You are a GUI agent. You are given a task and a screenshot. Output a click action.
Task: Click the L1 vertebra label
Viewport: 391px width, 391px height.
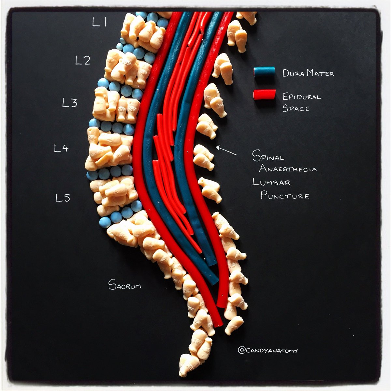point(99,22)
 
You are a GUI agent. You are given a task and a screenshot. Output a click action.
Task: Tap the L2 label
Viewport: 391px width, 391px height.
point(83,60)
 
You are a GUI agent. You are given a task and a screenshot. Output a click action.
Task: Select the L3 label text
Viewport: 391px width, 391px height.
point(70,103)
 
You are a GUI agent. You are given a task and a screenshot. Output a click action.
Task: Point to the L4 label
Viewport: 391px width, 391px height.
point(61,149)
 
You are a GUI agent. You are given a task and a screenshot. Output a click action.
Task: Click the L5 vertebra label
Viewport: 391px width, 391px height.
point(63,197)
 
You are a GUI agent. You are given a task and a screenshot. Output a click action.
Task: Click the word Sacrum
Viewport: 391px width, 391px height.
point(125,285)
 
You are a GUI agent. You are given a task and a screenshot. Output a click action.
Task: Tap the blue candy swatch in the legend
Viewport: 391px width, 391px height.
point(264,72)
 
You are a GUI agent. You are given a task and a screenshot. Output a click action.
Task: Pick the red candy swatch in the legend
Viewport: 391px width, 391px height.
point(264,94)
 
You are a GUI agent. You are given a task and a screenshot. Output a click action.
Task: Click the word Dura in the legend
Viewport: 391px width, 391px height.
point(293,73)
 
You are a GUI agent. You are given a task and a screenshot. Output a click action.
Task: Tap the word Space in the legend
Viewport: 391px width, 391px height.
point(296,109)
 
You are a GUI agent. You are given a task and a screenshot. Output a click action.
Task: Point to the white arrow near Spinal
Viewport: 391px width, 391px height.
point(226,150)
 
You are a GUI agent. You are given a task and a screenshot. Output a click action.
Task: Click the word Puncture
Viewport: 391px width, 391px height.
point(285,195)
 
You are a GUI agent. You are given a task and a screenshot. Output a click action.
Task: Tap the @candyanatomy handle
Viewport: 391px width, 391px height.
point(268,351)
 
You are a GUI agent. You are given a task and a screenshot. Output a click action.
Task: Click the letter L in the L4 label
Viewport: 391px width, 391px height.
point(57,149)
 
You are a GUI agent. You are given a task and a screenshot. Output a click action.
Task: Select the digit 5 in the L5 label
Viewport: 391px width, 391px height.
point(66,197)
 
